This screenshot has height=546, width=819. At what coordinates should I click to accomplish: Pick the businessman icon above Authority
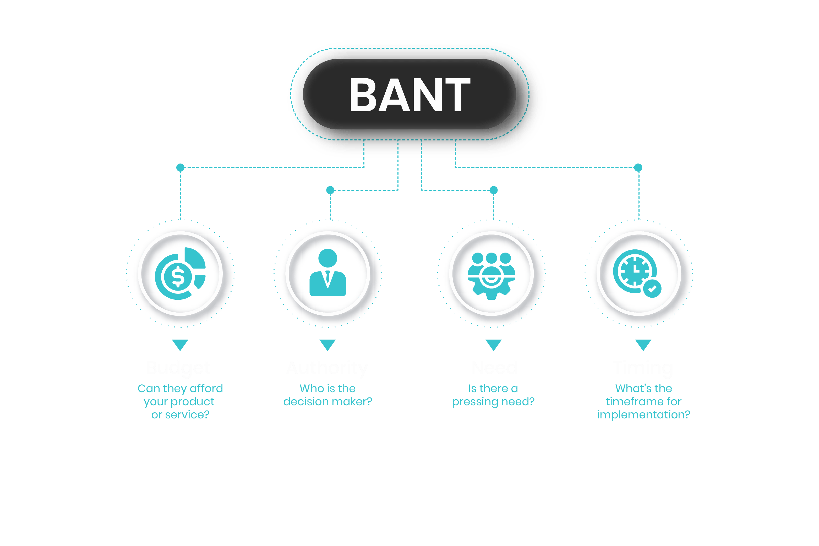(x=328, y=273)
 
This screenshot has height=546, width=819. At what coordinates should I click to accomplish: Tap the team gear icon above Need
(x=491, y=275)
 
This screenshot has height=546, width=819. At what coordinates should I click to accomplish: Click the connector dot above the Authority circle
(x=330, y=190)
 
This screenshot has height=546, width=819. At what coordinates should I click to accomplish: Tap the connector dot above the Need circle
(x=493, y=190)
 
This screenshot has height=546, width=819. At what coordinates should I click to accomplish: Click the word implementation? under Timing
(x=643, y=415)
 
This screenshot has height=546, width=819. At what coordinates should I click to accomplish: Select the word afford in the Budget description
(x=206, y=388)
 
